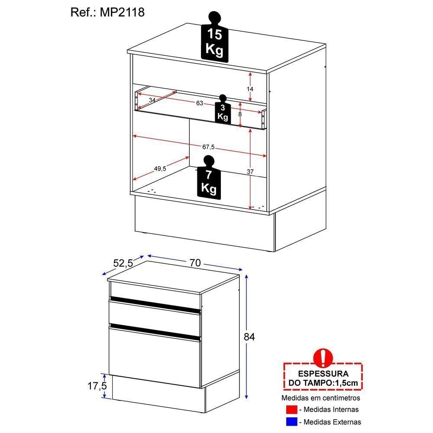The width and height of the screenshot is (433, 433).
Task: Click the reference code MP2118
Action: (x=122, y=13)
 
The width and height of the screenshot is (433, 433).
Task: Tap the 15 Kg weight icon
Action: (x=215, y=37)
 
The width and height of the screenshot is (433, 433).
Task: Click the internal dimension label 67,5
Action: (x=208, y=147)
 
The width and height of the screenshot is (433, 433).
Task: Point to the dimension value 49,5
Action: (x=160, y=168)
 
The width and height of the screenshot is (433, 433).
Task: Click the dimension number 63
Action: (x=199, y=103)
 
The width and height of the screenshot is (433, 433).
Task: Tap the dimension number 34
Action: (x=152, y=100)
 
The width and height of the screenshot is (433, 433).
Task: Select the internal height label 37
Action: (x=250, y=171)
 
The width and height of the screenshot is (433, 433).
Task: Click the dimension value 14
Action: (x=250, y=89)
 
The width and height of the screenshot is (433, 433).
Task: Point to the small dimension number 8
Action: (x=240, y=114)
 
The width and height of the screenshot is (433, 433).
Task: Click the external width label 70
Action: (x=195, y=263)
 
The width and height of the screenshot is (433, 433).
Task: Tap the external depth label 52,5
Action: (x=123, y=263)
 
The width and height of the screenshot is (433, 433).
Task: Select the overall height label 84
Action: (x=249, y=337)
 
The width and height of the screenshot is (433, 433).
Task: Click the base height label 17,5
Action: (x=97, y=386)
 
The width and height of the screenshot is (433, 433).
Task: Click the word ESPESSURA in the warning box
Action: (x=323, y=374)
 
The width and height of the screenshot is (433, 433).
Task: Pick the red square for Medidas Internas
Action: (x=291, y=409)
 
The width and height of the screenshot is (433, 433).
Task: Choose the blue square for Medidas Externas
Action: (x=291, y=422)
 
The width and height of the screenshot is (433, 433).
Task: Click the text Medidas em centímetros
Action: (x=321, y=397)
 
